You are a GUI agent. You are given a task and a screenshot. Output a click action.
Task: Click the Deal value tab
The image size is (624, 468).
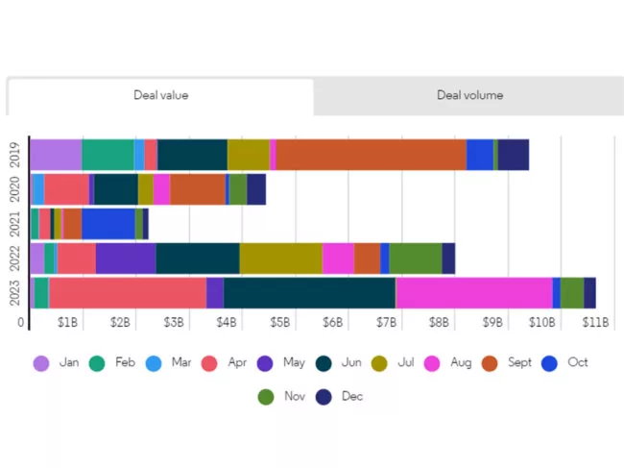160,95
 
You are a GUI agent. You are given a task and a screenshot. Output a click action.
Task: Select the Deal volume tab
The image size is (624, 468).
469,95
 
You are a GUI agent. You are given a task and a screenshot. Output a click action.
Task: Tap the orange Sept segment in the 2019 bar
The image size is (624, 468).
371,155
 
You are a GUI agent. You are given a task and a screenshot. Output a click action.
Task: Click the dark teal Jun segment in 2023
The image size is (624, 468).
309,293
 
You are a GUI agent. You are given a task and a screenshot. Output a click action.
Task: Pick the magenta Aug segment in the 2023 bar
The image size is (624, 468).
473,293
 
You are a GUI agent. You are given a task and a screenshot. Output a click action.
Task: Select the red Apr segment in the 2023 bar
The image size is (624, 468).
127,293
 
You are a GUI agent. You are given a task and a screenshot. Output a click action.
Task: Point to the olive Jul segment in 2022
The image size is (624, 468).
280,259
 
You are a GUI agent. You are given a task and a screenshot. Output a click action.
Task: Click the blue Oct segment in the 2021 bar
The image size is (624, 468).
108,224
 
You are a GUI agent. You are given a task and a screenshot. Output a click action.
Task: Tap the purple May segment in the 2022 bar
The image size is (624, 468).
126,259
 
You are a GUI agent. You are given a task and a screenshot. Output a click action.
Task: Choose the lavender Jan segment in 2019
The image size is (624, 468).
56,155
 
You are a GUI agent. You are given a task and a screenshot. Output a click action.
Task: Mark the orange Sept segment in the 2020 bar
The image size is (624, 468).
198,189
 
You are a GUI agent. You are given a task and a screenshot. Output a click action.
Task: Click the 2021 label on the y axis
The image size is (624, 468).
14,224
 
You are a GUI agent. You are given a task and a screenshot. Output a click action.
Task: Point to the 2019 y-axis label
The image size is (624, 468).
14,155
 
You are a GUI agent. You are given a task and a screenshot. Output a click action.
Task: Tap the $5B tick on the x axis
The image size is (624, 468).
279,323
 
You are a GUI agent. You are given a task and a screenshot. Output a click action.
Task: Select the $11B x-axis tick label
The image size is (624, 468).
596,323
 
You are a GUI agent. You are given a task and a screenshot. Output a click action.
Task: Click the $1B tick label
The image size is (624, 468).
67,323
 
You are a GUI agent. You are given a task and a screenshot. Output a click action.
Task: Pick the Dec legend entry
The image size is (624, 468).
341,396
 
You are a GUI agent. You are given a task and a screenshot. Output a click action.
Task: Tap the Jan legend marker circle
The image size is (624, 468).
41,363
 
